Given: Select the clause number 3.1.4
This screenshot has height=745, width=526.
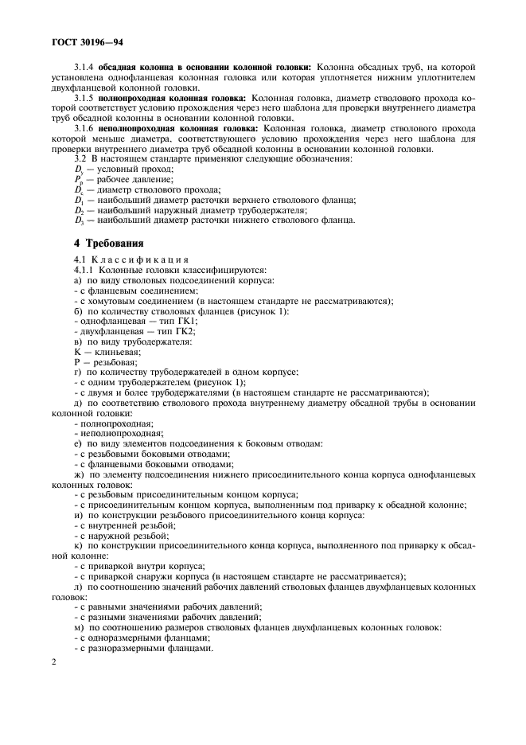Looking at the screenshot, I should click(84, 67).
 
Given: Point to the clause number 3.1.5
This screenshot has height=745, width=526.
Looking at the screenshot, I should click(84, 98).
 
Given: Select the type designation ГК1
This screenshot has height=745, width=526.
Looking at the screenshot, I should click(184, 322).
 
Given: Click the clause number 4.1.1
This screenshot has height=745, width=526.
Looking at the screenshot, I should click(84, 271).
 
